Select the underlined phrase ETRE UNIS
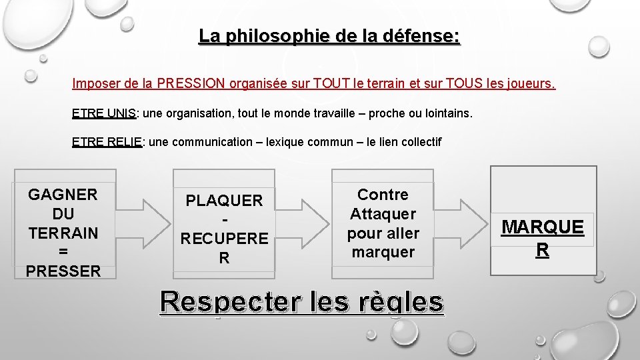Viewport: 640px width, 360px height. click(x=103, y=114)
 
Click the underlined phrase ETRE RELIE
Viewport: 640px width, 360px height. click(x=107, y=142)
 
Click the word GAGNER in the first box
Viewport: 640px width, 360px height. click(x=63, y=195)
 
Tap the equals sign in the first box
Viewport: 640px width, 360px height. click(x=63, y=252)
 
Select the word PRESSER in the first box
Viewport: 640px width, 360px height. click(x=63, y=271)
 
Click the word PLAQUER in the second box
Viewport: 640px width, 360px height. click(x=224, y=200)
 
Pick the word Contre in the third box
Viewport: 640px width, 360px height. click(x=383, y=195)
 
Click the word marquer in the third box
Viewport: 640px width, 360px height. click(x=383, y=252)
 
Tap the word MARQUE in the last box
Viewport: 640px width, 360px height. click(x=543, y=227)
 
